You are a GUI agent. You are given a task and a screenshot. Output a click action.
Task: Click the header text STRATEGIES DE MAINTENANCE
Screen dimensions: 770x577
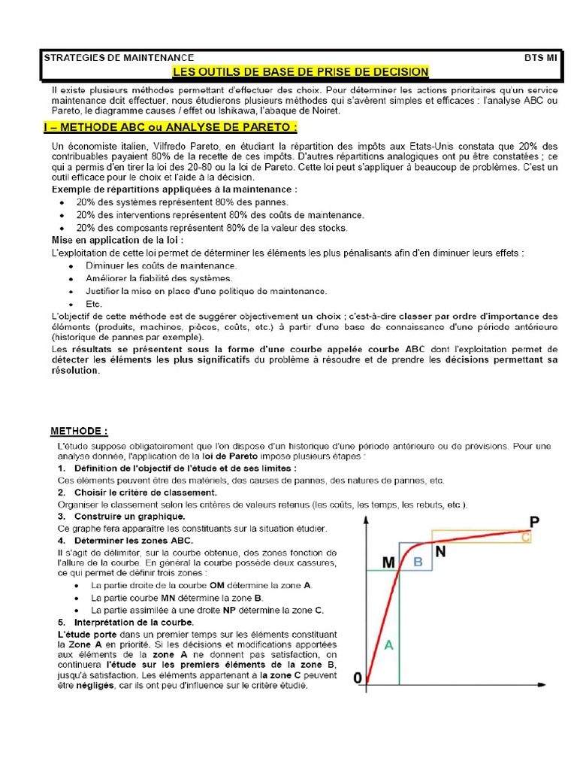[119, 58]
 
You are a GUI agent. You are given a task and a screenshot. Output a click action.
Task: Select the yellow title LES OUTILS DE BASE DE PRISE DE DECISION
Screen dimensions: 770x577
[301, 72]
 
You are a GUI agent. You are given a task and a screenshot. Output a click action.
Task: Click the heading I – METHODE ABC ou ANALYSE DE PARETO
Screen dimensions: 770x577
[170, 126]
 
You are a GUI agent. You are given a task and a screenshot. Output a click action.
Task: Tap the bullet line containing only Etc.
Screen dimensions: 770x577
[94, 303]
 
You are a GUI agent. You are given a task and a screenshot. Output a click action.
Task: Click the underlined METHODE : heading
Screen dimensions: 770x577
[79, 431]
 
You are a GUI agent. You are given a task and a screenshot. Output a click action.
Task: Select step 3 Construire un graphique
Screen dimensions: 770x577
[128, 517]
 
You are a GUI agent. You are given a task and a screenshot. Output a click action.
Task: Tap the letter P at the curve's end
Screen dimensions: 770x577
[534, 521]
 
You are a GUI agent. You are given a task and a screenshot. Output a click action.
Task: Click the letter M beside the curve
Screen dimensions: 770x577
[388, 562]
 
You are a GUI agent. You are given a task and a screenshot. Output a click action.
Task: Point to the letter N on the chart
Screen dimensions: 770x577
[441, 551]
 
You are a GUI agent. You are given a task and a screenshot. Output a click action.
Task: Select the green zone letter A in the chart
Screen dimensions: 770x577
[388, 644]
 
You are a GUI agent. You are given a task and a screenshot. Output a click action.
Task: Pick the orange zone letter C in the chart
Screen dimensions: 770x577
[526, 537]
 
